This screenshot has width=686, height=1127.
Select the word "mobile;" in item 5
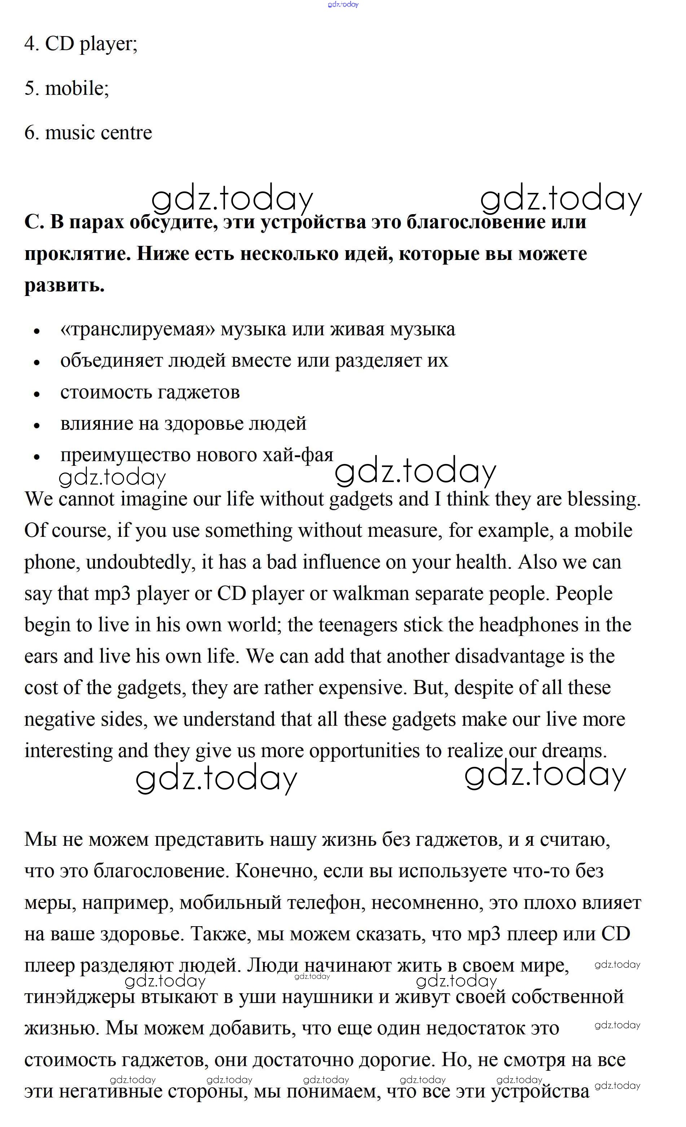click(x=77, y=88)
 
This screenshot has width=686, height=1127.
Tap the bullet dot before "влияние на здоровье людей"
click(x=37, y=425)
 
